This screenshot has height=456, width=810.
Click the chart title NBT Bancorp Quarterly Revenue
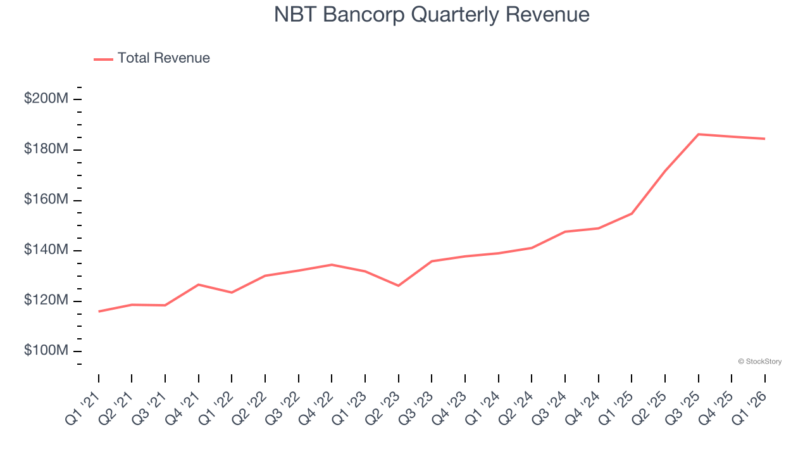(432, 15)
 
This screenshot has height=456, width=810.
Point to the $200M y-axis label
(46, 99)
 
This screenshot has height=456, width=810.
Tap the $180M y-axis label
(46, 149)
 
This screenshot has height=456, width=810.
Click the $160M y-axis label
(46, 199)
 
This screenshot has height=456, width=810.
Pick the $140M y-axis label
(46, 250)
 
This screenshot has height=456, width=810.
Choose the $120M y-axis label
(46, 300)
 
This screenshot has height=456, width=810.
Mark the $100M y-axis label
(46, 351)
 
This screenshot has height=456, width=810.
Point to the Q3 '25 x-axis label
(684, 404)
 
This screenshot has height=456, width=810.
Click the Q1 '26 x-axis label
(751, 404)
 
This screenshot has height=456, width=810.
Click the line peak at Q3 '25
(699, 134)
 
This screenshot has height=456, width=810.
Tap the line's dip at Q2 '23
(399, 286)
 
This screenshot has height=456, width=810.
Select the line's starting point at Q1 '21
(99, 311)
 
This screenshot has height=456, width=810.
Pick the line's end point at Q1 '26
(765, 139)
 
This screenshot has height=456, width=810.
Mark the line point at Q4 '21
(199, 284)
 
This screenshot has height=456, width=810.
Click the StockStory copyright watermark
(759, 362)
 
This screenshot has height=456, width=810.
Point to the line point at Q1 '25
(632, 213)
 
